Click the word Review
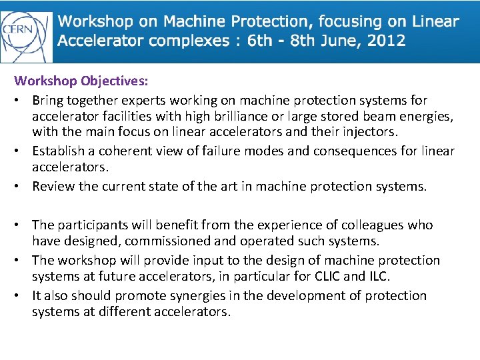point(53,186)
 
